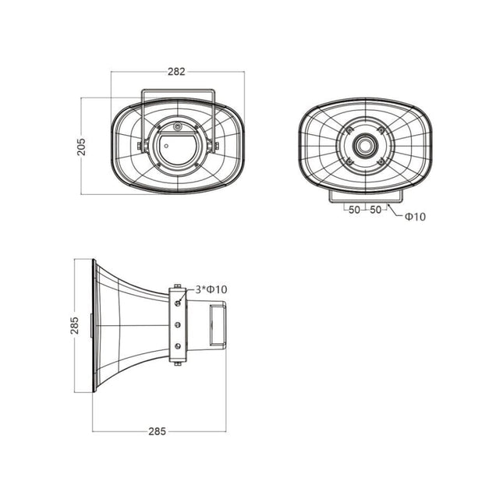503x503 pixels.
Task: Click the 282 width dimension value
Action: pyautogui.click(x=177, y=72)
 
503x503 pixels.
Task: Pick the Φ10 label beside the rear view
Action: pyautogui.click(x=415, y=217)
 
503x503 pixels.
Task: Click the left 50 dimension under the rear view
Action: pyautogui.click(x=354, y=209)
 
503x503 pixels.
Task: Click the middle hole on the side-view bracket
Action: pyautogui.click(x=178, y=324)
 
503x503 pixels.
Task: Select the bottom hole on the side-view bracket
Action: pyautogui.click(x=178, y=345)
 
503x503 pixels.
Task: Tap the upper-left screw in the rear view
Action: pyautogui.click(x=349, y=129)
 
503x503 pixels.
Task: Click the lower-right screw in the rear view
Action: pyautogui.click(x=381, y=161)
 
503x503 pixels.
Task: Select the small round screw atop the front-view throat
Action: pyautogui.click(x=178, y=126)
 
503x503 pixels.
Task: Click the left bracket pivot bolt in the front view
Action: pyautogui.click(x=141, y=145)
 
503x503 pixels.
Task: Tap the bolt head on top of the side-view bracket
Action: pyautogui.click(x=178, y=285)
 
